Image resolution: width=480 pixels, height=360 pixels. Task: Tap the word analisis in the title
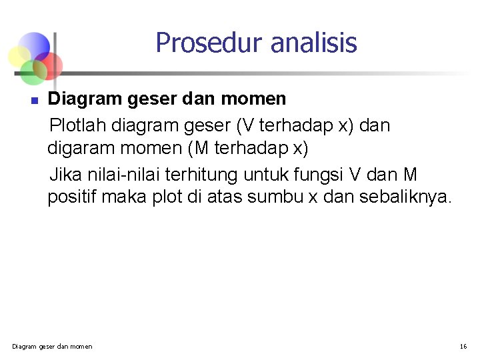pos(314,43)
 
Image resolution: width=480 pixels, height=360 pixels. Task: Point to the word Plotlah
pos(79,125)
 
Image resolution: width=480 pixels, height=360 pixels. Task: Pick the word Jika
pos(64,175)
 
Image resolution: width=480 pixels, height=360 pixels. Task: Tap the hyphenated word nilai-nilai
pos(125,175)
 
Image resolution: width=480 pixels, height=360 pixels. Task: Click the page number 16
pos(463,346)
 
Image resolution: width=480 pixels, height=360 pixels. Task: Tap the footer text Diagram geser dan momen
pos(53,346)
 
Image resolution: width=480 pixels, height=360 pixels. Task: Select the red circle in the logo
pos(49,65)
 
